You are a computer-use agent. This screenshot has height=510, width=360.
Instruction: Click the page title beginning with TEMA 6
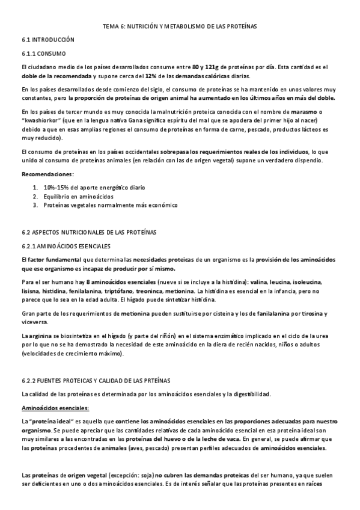[x=180, y=26]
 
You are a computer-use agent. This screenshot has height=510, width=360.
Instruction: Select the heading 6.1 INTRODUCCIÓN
[x=47, y=40]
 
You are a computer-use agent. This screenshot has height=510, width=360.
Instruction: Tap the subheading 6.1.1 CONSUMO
[x=44, y=54]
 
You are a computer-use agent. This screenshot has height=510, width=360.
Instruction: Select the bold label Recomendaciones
[x=47, y=174]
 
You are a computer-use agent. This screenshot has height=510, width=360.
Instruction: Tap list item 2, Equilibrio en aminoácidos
[x=78, y=196]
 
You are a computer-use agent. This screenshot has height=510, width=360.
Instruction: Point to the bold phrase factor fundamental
[x=53, y=259]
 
